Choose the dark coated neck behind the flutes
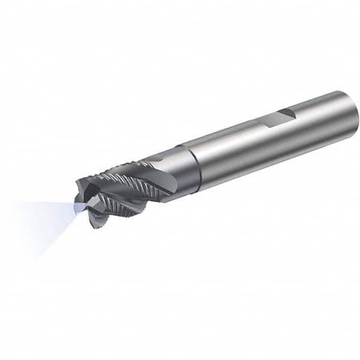pyautogui.click(x=173, y=169)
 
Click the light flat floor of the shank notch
pyautogui.click(x=277, y=118)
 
